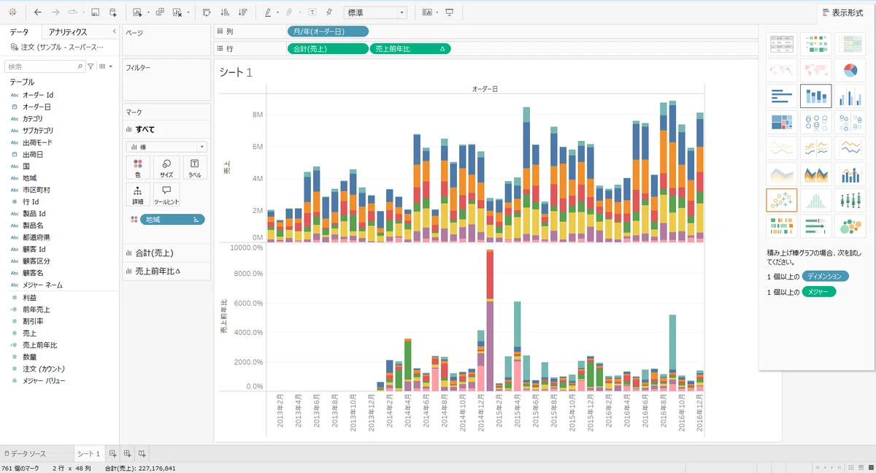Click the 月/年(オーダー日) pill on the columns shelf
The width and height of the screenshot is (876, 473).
coord(328,31)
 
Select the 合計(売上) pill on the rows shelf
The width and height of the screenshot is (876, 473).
coord(328,49)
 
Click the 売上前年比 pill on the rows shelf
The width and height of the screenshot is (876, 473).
coord(410,49)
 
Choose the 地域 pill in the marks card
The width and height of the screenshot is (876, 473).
coord(172,219)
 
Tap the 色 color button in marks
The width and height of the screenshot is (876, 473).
coord(138,168)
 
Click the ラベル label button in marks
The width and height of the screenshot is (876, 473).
coord(195,168)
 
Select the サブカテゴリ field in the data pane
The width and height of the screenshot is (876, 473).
coord(37,131)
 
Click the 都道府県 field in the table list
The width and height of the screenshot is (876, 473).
coord(36,237)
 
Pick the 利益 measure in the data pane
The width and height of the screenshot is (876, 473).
coord(29,298)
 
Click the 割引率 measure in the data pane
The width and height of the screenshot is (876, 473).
coord(33,321)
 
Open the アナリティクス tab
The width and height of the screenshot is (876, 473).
coord(68,32)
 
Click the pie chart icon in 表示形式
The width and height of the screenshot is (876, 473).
coord(850,70)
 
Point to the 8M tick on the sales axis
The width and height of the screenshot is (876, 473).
coord(258,115)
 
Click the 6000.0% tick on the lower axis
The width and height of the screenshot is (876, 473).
coord(248,303)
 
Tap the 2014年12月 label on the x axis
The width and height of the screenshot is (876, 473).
coord(481,412)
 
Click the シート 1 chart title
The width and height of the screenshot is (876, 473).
coord(236,72)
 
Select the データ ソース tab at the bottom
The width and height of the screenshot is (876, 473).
coord(25,453)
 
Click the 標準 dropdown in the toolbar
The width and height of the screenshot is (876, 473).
coord(375,12)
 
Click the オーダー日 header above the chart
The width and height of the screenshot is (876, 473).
coord(485,89)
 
